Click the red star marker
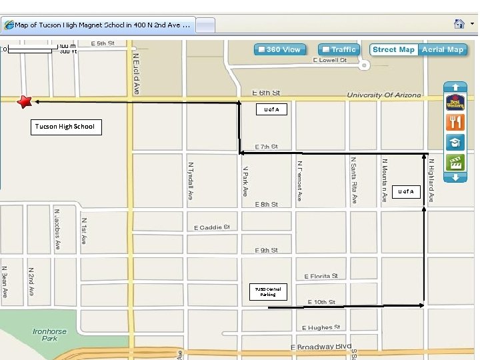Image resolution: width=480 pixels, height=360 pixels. [25, 101]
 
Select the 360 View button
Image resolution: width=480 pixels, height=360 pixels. [280, 49]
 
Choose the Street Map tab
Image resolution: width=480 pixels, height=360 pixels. [393, 49]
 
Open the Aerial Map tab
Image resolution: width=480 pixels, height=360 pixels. [443, 49]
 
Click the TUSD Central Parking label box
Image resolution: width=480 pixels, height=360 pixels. [268, 291]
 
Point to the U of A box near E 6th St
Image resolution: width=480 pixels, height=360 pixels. [272, 109]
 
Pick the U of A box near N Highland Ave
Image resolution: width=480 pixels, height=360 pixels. [406, 191]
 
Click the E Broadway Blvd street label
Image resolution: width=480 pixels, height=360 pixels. [321, 347]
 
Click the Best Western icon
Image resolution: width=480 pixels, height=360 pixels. [455, 102]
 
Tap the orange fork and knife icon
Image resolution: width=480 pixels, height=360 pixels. [455, 122]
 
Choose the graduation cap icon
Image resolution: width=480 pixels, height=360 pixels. [455, 142]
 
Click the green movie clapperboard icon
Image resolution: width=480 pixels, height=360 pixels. [455, 162]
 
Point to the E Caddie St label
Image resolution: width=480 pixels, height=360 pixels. [212, 227]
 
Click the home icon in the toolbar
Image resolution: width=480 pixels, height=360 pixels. [459, 24]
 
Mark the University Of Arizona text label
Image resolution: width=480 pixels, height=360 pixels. [385, 96]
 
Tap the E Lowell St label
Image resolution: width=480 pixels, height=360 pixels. [330, 60]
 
